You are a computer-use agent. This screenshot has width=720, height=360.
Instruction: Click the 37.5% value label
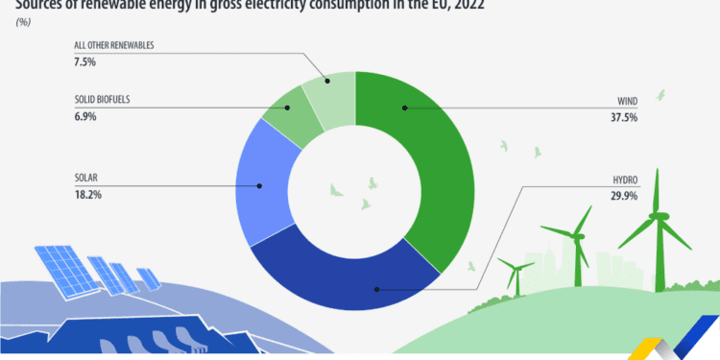pos(624,117)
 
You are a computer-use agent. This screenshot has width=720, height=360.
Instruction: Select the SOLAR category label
pos(88,178)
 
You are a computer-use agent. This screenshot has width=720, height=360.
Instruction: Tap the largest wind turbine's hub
pos(658,216)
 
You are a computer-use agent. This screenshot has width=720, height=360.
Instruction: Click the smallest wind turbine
pos(517,274)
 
